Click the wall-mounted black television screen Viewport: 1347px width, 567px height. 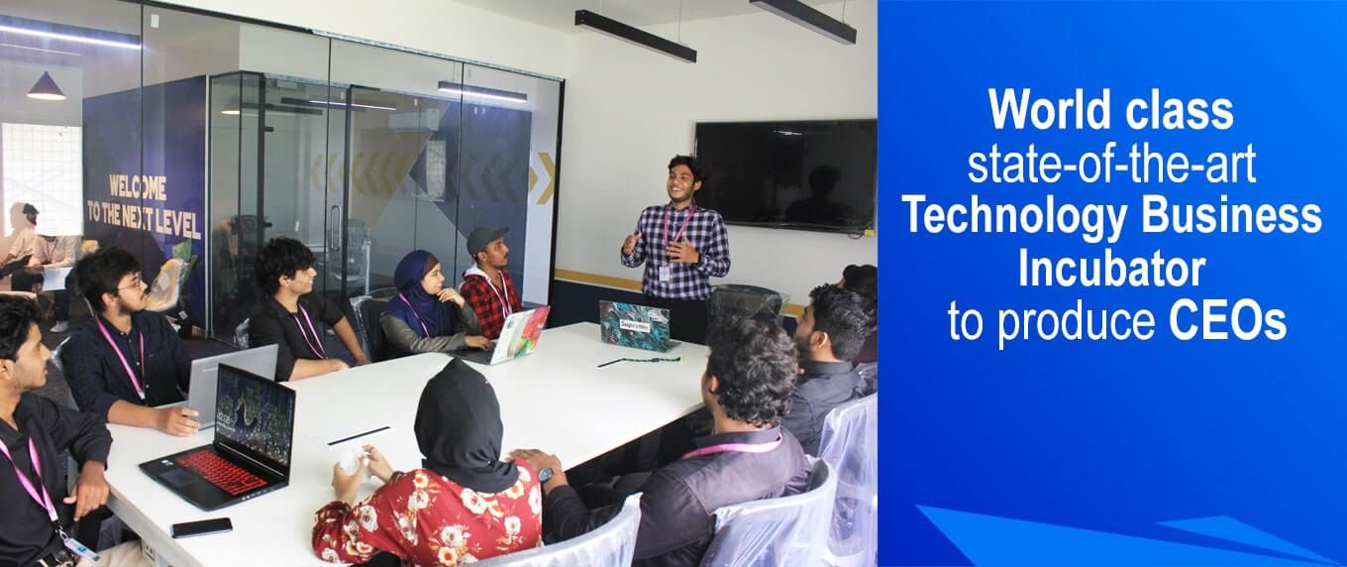[x=784, y=175]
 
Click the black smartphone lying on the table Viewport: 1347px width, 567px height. [x=201, y=527]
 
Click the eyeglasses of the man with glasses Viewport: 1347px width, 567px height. [x=131, y=284]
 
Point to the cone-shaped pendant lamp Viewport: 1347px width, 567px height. [x=46, y=87]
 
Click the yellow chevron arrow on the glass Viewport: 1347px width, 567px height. [x=545, y=177]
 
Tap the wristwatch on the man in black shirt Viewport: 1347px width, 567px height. [x=545, y=475]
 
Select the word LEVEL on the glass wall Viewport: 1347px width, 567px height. [x=179, y=225]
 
